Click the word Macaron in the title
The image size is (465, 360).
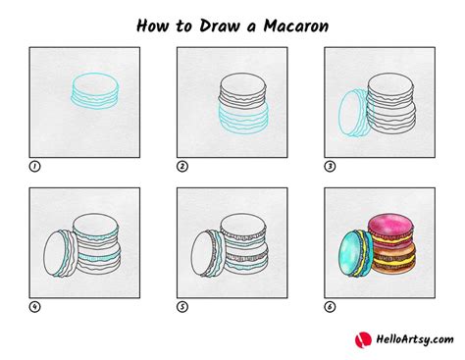click(x=296, y=26)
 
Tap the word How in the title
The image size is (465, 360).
click(x=153, y=26)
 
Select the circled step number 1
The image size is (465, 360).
click(x=34, y=167)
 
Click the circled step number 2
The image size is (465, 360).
click(x=182, y=167)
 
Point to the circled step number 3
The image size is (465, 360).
click(x=330, y=167)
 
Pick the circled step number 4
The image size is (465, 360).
click(x=34, y=307)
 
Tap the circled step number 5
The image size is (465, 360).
click(x=182, y=307)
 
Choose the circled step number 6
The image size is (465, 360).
click(x=330, y=307)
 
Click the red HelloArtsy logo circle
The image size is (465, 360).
click(x=363, y=339)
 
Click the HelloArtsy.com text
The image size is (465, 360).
click(x=415, y=339)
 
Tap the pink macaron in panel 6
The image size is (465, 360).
click(x=390, y=231)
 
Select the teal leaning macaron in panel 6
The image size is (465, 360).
click(x=356, y=253)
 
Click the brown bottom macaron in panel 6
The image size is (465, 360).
click(x=393, y=258)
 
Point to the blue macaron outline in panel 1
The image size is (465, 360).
click(x=95, y=90)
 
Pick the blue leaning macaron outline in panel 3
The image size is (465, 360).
click(x=356, y=113)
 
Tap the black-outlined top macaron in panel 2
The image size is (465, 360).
click(x=242, y=89)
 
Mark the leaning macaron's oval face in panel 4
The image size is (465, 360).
click(x=57, y=253)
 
